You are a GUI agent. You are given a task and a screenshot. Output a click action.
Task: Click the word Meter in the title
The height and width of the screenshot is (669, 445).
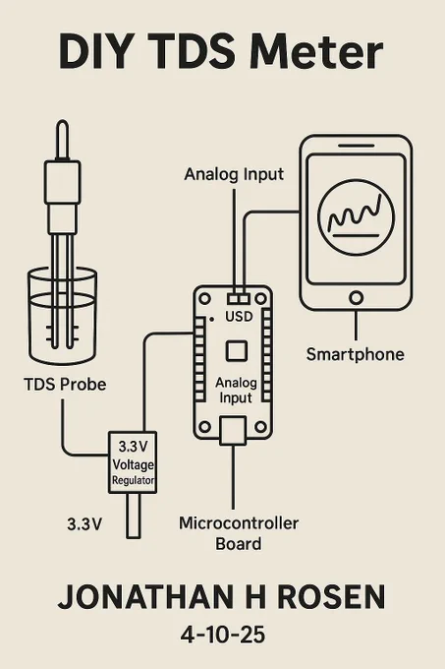[317, 53]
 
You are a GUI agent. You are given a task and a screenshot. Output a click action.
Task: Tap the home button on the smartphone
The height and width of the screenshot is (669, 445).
[356, 297]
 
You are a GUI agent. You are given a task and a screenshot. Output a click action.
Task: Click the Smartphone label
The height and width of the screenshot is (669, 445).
[356, 354]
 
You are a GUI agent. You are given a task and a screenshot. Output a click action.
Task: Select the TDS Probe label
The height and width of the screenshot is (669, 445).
[65, 384]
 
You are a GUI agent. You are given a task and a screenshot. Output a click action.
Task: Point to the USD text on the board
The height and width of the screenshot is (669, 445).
[239, 317]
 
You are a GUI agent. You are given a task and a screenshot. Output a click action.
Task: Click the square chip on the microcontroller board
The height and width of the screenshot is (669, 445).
[237, 350]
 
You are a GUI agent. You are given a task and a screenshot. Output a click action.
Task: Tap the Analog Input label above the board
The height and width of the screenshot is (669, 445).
[234, 174]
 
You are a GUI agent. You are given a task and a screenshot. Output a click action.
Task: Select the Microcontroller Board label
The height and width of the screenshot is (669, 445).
[239, 533]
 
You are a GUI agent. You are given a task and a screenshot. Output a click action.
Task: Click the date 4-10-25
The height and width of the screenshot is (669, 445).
[223, 635]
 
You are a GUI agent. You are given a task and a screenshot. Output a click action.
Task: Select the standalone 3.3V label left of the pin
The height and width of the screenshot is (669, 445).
[84, 524]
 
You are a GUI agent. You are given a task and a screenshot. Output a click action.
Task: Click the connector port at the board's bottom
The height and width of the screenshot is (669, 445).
[233, 431]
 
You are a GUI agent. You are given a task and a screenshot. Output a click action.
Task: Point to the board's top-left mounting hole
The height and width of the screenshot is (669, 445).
[205, 298]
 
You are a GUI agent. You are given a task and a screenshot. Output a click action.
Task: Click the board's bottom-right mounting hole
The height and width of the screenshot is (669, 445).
[260, 426]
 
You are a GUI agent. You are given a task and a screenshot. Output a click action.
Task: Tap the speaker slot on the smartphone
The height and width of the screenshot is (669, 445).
[356, 146]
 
